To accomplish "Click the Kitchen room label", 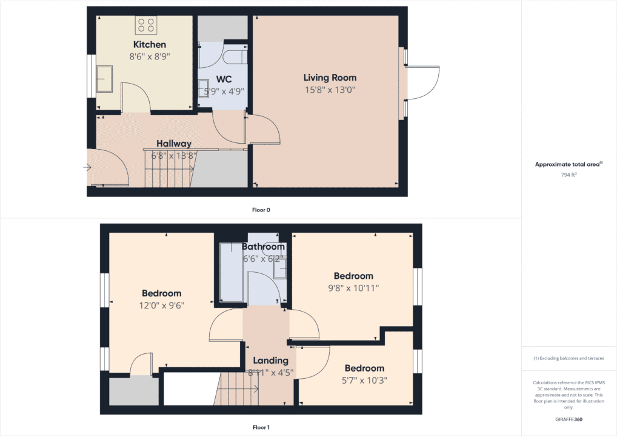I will click(149, 45).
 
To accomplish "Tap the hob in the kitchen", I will click(146, 25).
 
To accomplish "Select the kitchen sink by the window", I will click(104, 79).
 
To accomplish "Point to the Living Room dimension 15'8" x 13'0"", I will click(330, 90).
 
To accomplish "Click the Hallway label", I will click(174, 144).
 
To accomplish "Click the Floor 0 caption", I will click(261, 210).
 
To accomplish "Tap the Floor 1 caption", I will click(261, 427).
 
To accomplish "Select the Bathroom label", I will click(263, 247).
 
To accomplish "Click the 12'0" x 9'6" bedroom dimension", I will click(161, 305).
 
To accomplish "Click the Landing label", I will click(270, 361).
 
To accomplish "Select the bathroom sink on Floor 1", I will click(280, 269).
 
